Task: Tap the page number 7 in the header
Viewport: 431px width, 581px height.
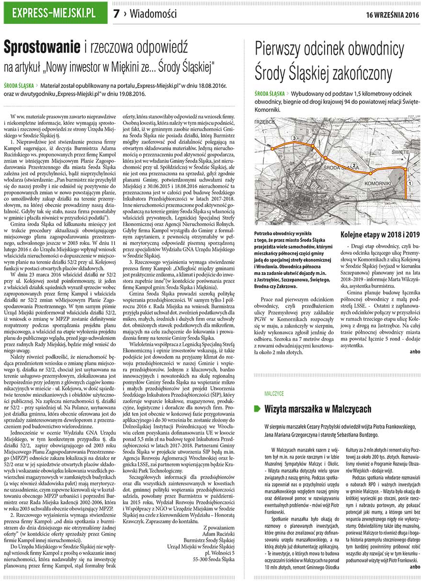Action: click(116, 14)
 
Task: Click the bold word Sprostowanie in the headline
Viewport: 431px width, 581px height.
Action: click(42, 47)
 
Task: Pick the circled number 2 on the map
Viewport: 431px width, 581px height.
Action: click(353, 166)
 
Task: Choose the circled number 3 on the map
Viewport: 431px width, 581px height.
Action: click(294, 138)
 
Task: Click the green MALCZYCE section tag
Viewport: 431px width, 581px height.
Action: click(274, 393)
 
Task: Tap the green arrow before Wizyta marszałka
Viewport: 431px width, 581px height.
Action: click(257, 409)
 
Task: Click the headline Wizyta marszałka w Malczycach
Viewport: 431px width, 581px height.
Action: click(318, 409)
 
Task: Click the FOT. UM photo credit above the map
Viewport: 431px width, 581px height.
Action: click(412, 117)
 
